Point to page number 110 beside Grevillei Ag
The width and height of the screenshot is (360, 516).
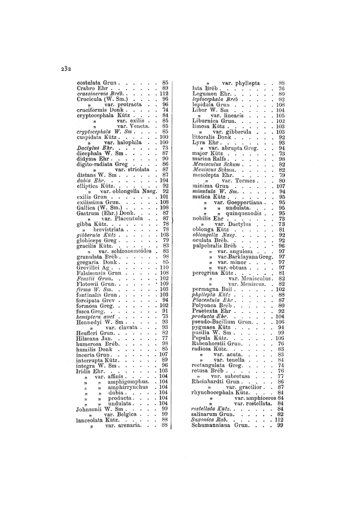(164, 267)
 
